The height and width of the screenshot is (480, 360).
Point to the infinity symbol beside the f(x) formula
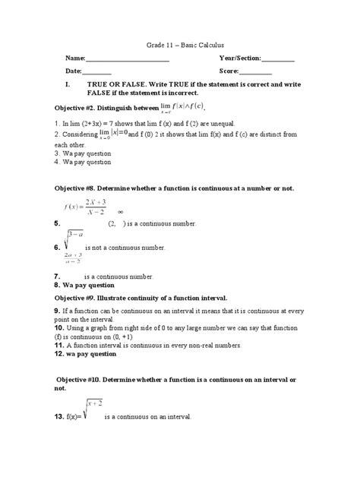coord(120,213)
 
